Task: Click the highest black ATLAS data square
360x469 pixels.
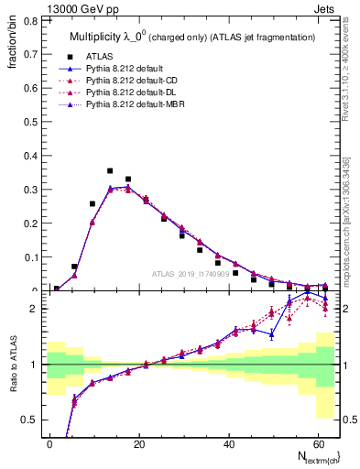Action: pyautogui.click(x=110, y=171)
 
